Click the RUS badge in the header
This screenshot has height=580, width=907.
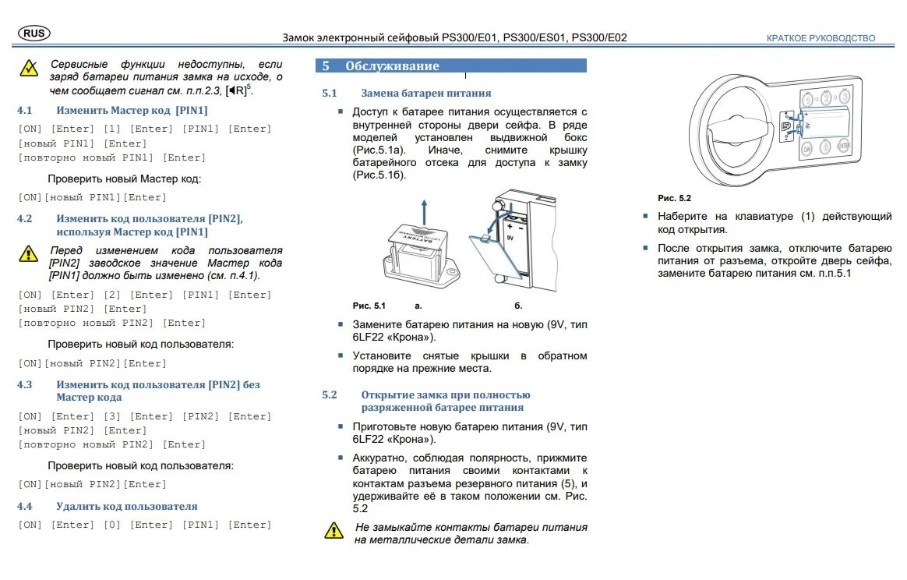[x=34, y=34]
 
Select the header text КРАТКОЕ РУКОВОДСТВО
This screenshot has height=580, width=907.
[x=821, y=38]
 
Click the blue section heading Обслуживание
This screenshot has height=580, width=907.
[x=392, y=66]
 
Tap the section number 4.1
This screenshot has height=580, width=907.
[x=25, y=110]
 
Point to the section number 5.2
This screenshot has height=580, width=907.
[x=330, y=394]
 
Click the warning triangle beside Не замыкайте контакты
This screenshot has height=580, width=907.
[x=334, y=530]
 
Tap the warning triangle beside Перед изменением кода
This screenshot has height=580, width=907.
[x=28, y=254]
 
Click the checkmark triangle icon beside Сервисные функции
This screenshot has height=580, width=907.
[x=29, y=69]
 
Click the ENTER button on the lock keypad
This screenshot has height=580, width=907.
[x=844, y=146]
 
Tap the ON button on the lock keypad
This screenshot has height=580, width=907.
[x=806, y=148]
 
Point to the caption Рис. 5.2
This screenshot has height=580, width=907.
[x=674, y=199]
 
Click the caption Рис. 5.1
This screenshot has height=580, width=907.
[x=369, y=306]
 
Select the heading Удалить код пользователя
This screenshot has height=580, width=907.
[x=126, y=506]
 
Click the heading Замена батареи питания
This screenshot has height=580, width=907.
[x=425, y=93]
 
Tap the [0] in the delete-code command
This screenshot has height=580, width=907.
[x=112, y=525]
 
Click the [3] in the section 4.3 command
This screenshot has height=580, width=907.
[x=112, y=416]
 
